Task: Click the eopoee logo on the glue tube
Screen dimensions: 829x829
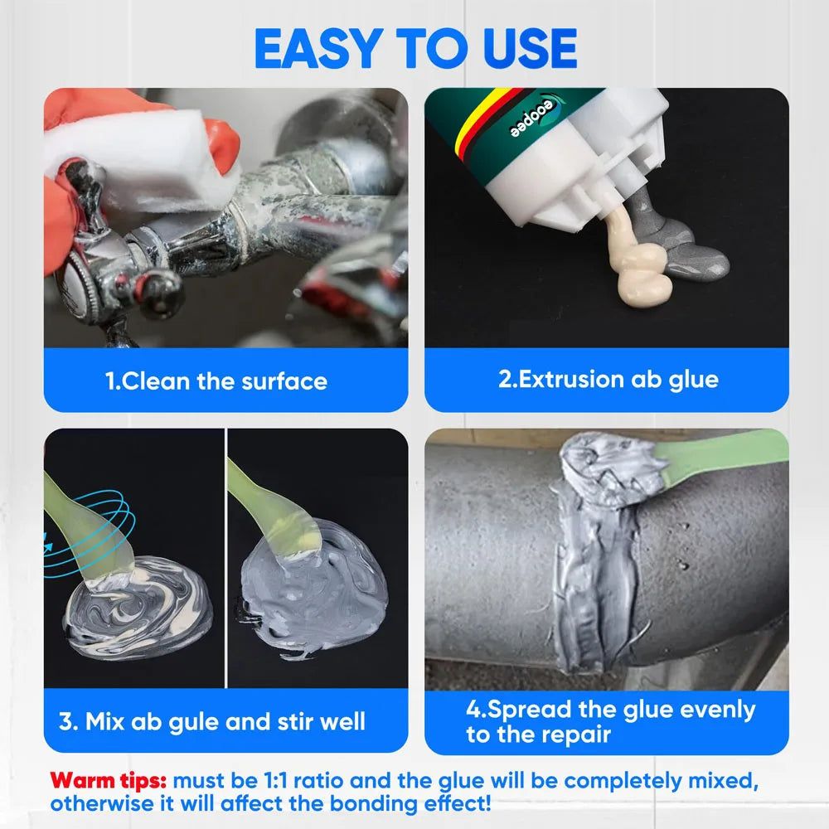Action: click(534, 117)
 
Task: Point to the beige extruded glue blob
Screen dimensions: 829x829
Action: click(637, 259)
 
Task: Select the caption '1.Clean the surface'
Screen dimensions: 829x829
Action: click(216, 381)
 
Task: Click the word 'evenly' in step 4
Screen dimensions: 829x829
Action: click(717, 710)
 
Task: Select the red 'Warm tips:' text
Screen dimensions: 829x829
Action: click(109, 780)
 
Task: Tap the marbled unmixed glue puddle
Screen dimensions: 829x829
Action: click(138, 608)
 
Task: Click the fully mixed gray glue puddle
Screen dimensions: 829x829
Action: click(313, 587)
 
